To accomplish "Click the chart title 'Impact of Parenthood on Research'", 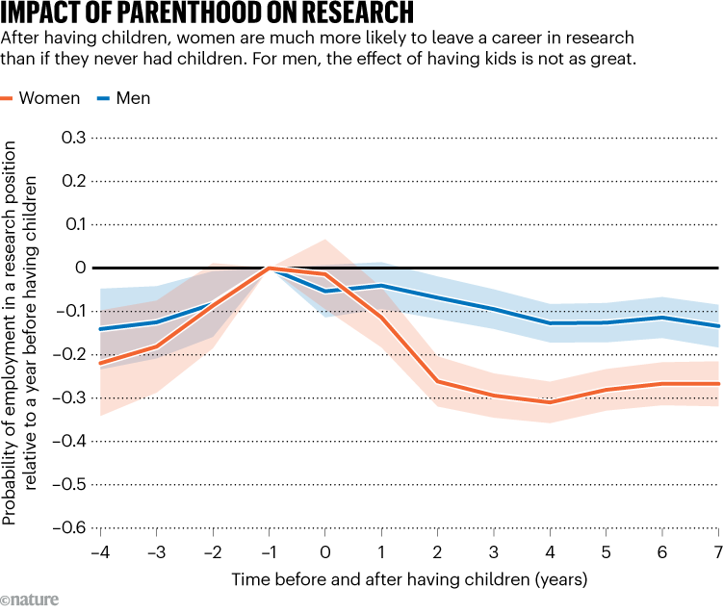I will click(x=208, y=13).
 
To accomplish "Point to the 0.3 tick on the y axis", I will click(x=73, y=138).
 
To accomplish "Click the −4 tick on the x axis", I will click(x=99, y=551).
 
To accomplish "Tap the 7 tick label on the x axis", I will click(x=717, y=551).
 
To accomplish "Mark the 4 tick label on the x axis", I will click(x=550, y=551).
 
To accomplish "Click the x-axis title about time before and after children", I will click(x=408, y=579).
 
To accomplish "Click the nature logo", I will click(x=30, y=600).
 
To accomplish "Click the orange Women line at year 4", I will click(x=550, y=402).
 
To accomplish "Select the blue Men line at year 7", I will click(x=717, y=325).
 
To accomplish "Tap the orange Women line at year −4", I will click(x=100, y=364).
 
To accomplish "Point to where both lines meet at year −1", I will click(x=270, y=268).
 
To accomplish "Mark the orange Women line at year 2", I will click(x=437, y=381).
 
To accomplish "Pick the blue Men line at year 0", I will click(x=325, y=291).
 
